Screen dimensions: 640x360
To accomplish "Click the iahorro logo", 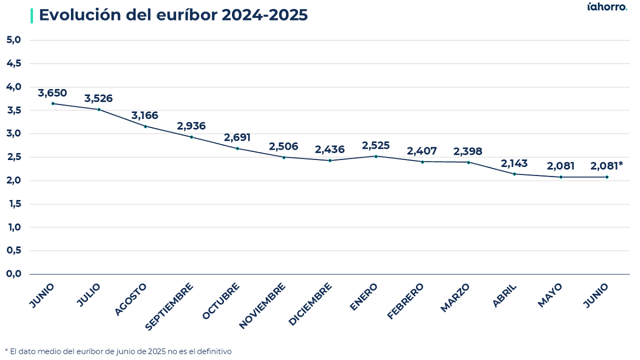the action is point(607,6).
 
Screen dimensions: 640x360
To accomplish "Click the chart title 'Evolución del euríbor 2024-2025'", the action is point(173,15).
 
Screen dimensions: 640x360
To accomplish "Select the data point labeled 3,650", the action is point(53,103).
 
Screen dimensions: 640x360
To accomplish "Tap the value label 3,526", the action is point(99,98).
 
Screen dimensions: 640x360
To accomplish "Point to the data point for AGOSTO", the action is point(146,126).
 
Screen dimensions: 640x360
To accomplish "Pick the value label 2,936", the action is point(191,126).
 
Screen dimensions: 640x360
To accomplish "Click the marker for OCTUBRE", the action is point(237,149).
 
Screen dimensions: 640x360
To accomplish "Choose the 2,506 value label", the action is point(283,147).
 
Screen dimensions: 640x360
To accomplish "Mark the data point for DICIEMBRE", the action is point(330,161).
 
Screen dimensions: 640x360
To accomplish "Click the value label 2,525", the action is point(375,146).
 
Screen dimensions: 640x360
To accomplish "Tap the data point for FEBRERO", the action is point(422,162).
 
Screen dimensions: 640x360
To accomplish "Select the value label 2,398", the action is point(468,151).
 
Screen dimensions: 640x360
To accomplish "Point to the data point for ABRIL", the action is point(515,174).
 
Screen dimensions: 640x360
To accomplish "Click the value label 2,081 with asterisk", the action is point(606,166).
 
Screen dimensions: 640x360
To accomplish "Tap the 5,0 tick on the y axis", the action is point(14,39).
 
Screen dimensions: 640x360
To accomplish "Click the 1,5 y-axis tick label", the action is point(15,204).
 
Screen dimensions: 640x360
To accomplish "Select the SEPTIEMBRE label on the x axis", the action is point(169,307).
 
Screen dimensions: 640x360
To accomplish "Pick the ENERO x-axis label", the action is point(363,297).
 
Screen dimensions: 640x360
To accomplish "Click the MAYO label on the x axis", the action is point(550,295).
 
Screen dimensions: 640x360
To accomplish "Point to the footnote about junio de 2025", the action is point(118,351).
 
